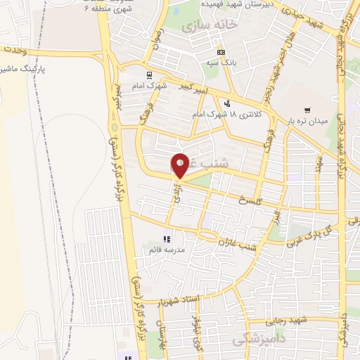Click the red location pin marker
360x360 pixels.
click(x=180, y=165)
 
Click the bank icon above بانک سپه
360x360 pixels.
click(x=221, y=52)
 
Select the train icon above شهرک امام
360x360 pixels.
click(x=148, y=74)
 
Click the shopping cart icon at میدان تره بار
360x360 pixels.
click(x=307, y=110)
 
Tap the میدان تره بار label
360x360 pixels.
click(x=307, y=121)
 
